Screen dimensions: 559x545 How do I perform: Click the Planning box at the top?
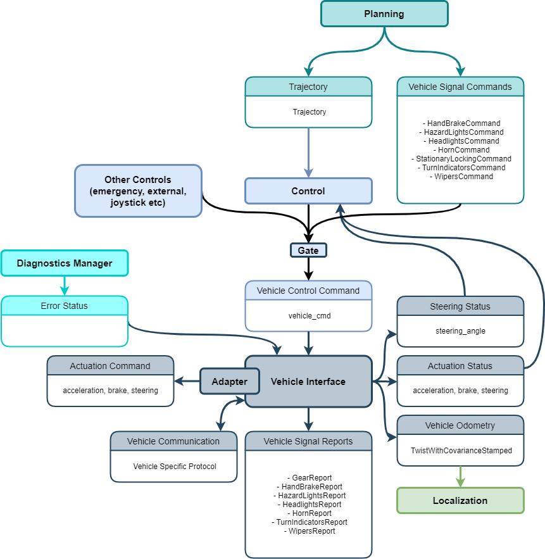[x=384, y=14]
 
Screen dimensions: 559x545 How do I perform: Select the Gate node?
[x=308, y=251]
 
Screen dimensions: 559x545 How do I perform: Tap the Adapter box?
[x=229, y=382]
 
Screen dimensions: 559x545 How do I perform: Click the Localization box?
[x=460, y=500]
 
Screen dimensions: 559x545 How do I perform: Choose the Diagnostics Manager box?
[x=65, y=263]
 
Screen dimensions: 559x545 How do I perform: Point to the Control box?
[x=308, y=191]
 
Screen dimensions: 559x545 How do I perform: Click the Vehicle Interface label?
[x=308, y=382]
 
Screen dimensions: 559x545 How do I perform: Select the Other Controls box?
[x=138, y=191]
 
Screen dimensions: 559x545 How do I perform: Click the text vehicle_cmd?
[x=308, y=315]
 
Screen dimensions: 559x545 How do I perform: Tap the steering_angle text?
[x=460, y=331]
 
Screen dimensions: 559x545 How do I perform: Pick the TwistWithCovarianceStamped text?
[x=460, y=451]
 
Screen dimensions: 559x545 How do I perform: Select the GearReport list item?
[x=309, y=478]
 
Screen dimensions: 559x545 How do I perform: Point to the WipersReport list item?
[x=309, y=531]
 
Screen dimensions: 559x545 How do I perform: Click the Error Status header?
[x=65, y=306]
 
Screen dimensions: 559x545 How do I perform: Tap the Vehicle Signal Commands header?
[x=460, y=87]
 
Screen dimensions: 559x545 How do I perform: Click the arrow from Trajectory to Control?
[x=308, y=152]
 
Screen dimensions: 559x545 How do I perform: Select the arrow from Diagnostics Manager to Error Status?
[x=65, y=286]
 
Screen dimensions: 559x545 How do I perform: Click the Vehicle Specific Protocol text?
[x=174, y=467]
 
